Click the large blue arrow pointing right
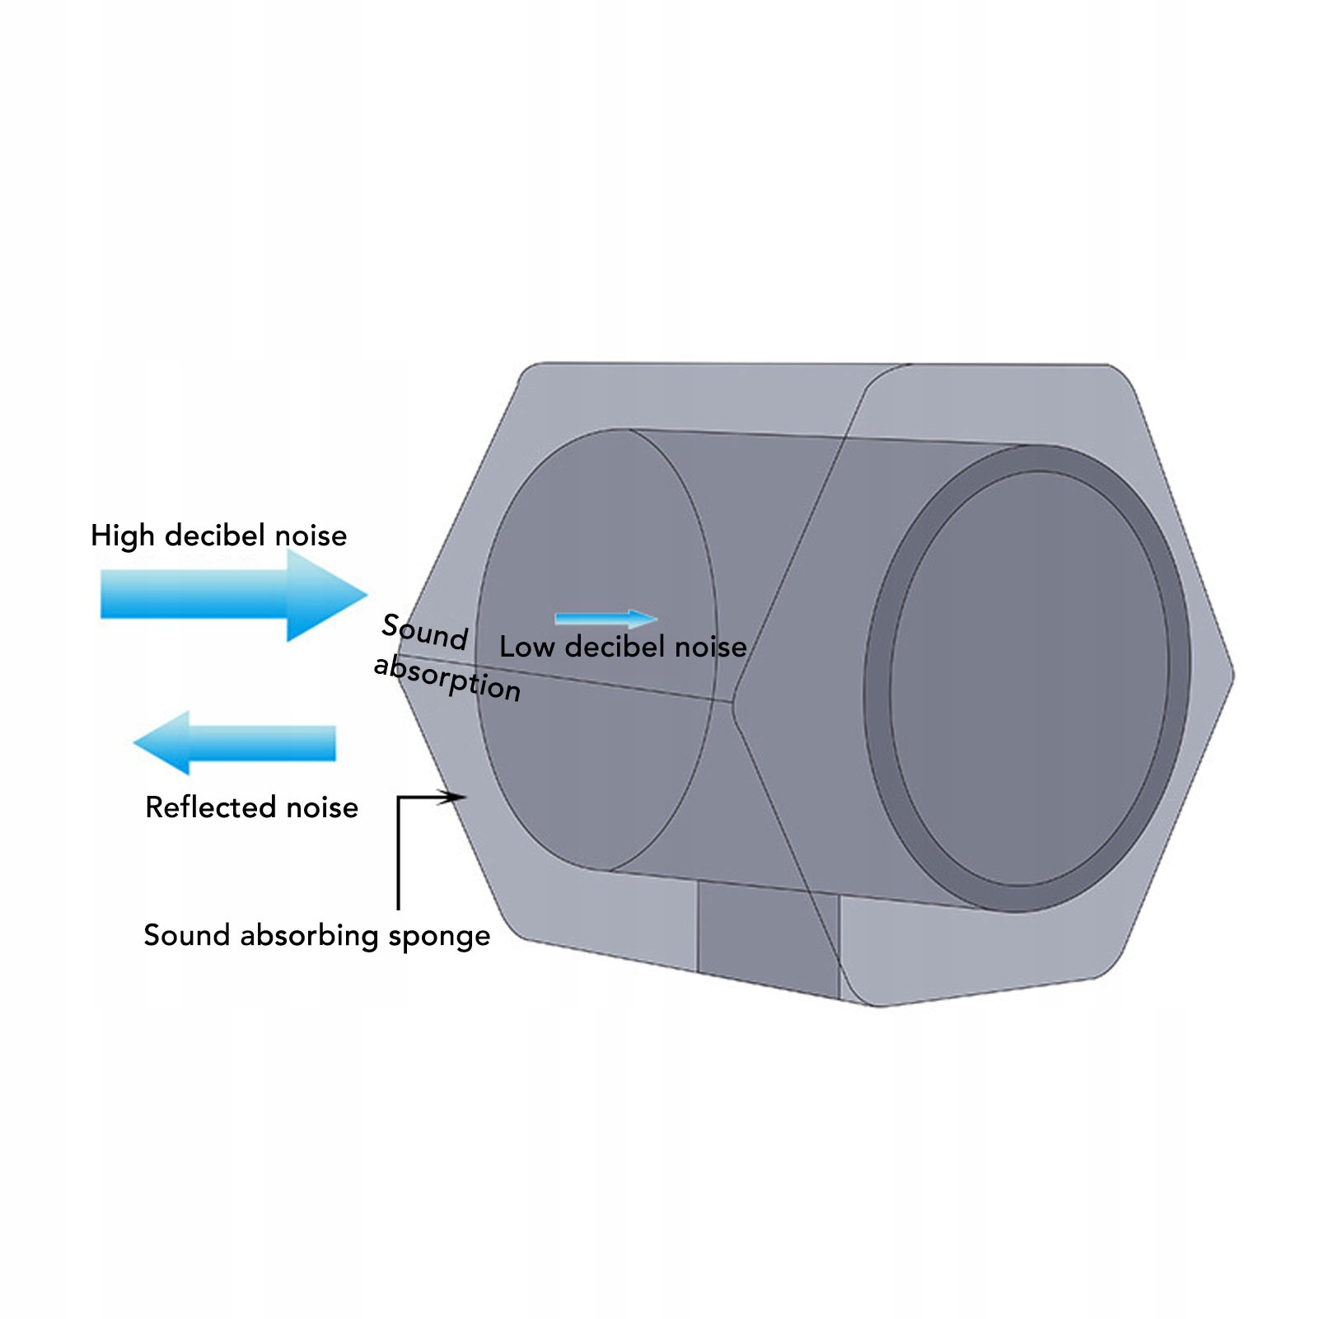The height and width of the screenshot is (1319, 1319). pyautogui.click(x=231, y=594)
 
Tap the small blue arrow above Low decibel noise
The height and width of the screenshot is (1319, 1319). pyautogui.click(x=606, y=619)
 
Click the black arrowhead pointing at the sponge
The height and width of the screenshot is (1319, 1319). pyautogui.click(x=452, y=797)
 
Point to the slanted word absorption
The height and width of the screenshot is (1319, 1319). pyautogui.click(x=447, y=678)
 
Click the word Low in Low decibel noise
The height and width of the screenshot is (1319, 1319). pyautogui.click(x=526, y=647)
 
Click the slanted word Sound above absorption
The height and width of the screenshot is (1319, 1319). pyautogui.click(x=425, y=632)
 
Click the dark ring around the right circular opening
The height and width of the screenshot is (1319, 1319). pyautogui.click(x=878, y=684)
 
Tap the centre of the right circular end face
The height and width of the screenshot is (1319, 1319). pyautogui.click(x=1030, y=680)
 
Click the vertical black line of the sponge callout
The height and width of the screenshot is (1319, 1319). pyautogui.click(x=399, y=857)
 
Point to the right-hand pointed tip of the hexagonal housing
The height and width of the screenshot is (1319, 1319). pyautogui.click(x=1232, y=676)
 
